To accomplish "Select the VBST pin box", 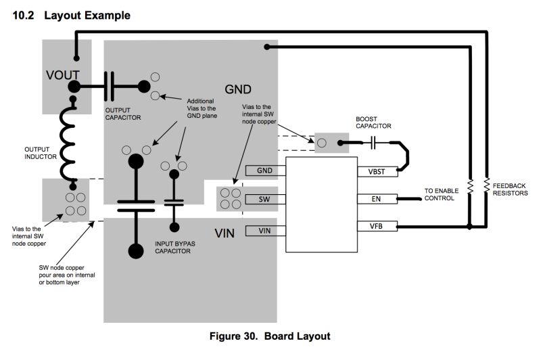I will [x=377, y=172].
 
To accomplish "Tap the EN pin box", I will [x=377, y=199].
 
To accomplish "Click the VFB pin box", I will [x=377, y=225].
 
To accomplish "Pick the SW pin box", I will [x=266, y=199].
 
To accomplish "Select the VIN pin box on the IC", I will [x=266, y=231].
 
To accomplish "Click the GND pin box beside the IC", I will [x=266, y=171].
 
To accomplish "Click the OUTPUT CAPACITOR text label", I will [x=123, y=112].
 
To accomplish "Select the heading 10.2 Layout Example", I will [x=72, y=15].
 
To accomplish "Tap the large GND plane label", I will [x=239, y=89].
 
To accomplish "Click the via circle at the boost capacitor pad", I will [x=322, y=143].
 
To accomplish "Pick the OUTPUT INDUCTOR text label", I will [x=43, y=152].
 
